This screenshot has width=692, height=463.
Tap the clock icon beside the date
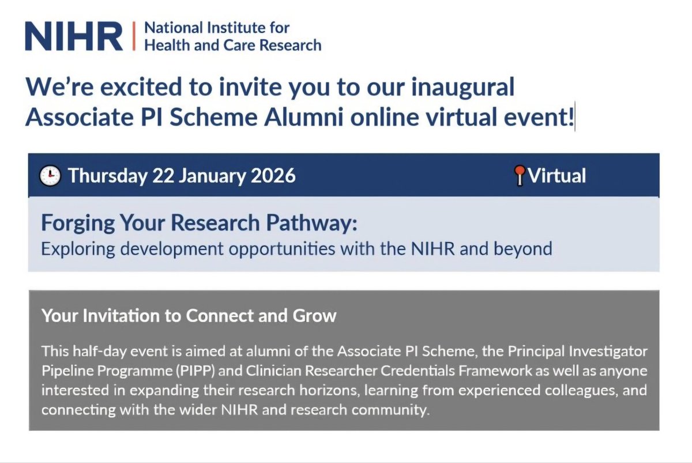tap(50, 175)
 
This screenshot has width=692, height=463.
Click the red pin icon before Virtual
tap(520, 175)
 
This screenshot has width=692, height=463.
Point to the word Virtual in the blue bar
tap(556, 175)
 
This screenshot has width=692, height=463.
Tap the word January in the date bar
tap(210, 175)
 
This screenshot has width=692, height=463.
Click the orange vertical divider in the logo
tap(134, 36)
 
